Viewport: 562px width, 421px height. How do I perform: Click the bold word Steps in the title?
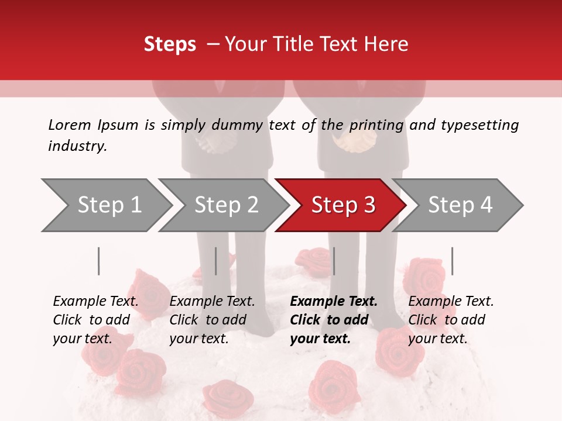click(170, 44)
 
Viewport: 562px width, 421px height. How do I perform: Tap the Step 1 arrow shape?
click(105, 205)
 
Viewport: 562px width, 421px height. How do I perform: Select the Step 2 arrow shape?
click(222, 205)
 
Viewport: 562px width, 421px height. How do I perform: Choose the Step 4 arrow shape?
click(457, 205)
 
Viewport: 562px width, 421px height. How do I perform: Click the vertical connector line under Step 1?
click(99, 261)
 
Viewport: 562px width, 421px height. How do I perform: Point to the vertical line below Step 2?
click(216, 261)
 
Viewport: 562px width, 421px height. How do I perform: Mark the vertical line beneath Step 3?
click(334, 261)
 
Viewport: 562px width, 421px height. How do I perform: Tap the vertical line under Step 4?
click(452, 261)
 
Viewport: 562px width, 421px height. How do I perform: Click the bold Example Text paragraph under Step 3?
click(333, 320)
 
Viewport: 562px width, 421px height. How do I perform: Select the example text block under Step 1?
click(95, 320)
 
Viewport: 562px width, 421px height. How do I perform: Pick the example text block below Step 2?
click(212, 320)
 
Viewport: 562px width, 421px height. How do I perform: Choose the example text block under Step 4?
click(451, 320)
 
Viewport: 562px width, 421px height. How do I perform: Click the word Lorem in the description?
click(70, 125)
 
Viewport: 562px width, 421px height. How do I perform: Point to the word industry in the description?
click(77, 146)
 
